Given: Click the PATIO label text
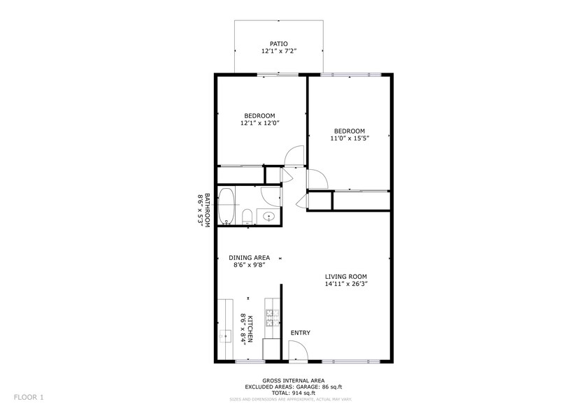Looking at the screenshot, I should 278,43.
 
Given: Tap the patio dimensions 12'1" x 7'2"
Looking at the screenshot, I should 278,52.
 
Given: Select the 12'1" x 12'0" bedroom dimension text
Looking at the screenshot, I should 259,124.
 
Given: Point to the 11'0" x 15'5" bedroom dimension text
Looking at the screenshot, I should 349,138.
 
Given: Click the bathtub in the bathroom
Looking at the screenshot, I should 227,206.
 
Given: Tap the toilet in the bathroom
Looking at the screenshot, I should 247,217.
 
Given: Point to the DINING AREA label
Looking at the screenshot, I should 249,257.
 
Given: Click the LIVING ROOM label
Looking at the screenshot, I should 345,276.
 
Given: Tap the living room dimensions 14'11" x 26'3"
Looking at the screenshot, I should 345,284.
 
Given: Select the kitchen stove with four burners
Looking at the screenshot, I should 271,318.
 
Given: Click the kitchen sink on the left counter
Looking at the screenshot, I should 225,337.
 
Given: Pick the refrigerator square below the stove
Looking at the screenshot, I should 271,349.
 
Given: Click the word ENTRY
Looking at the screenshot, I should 300,333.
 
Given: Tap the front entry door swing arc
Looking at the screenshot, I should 298,354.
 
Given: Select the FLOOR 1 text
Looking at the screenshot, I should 28,397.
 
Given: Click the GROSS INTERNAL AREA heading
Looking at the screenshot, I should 290,380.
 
